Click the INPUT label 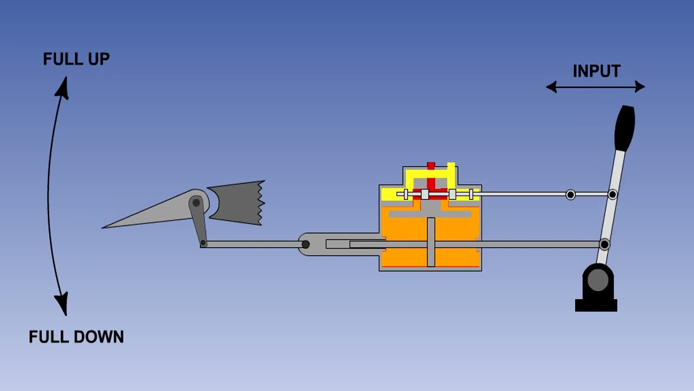[597, 71]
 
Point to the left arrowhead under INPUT [551, 87]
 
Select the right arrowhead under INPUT [640, 86]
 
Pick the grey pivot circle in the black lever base [597, 280]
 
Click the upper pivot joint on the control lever [612, 194]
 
